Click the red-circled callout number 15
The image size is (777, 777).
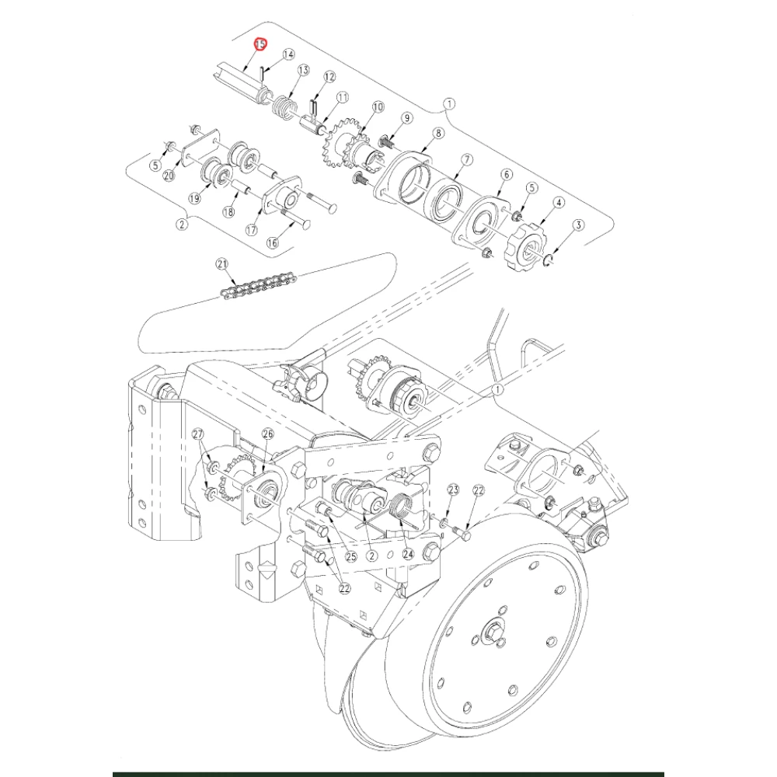coord(261,45)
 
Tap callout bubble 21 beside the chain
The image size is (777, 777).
coord(223,266)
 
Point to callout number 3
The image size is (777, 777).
coord(577,225)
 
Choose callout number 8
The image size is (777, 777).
coord(439,134)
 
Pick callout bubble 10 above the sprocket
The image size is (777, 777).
coord(378,106)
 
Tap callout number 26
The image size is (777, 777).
coord(268,434)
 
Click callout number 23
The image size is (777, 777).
coord(453,490)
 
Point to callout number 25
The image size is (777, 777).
coord(350,556)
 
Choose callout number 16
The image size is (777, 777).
coord(272,243)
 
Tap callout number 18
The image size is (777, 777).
coord(228,212)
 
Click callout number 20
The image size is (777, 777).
coord(169,176)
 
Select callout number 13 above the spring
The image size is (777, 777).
coord(302,70)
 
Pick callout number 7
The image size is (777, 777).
coord(467,160)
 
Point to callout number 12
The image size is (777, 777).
coord(329,76)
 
